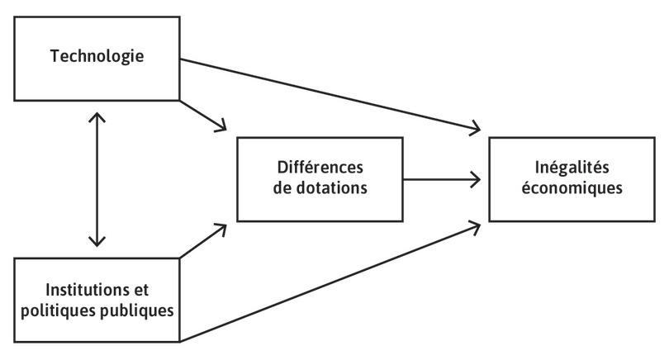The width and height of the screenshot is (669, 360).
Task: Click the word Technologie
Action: click(97, 57)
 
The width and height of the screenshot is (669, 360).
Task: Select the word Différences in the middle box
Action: click(320, 168)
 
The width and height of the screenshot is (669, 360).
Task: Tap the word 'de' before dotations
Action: click(283, 187)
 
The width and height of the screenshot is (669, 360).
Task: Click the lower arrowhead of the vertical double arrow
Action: click(97, 241)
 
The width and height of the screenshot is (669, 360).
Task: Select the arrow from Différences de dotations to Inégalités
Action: click(442, 178)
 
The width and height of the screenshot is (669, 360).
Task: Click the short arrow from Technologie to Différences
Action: click(202, 115)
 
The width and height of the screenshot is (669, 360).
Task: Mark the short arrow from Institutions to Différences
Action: click(202, 240)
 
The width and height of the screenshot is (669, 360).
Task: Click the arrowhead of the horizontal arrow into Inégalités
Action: click(477, 178)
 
